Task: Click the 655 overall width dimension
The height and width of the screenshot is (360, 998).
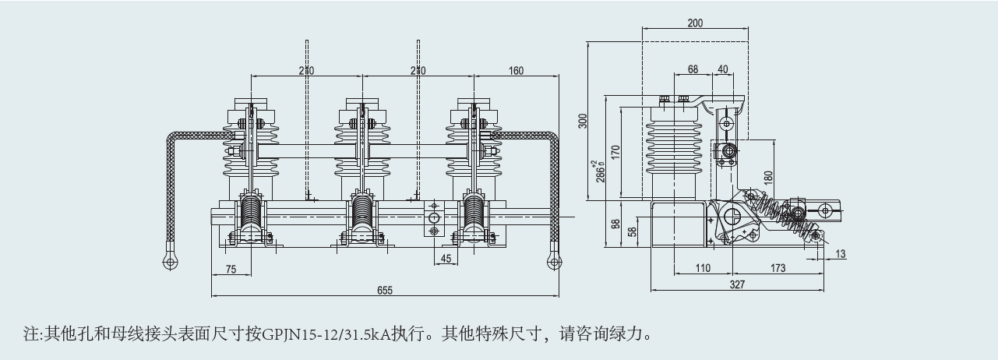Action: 386,291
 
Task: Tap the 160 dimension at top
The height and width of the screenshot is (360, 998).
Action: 516,71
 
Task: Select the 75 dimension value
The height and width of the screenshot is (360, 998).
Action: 231,269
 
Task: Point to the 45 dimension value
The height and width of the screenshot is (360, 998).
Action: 446,259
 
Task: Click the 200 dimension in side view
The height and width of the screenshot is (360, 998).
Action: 695,23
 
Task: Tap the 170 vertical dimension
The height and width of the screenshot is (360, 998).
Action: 615,152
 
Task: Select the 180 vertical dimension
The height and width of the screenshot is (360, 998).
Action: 769,177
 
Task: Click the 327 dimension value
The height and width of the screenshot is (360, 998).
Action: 738,285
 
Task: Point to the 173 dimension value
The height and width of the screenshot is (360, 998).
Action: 778,269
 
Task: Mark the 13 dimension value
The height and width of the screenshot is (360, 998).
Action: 841,254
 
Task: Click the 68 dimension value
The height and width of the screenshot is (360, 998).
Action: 693,69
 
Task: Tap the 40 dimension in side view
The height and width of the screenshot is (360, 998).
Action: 722,69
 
